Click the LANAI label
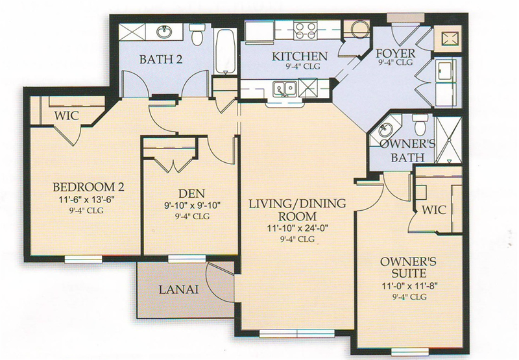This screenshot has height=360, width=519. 179,289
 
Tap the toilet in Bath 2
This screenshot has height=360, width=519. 197,34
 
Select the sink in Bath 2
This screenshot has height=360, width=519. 164,32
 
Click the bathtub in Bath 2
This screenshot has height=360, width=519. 226,51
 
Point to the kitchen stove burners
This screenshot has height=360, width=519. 305,30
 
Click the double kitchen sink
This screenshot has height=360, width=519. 285,89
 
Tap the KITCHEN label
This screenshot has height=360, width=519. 300,56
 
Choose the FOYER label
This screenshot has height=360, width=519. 395,53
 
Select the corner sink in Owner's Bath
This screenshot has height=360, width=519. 384,129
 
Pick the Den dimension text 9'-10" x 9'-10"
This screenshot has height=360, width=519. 192,205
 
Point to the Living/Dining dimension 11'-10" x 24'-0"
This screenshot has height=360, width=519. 297,228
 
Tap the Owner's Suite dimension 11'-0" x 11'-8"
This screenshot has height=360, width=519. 410,285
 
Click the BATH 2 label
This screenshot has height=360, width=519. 161,59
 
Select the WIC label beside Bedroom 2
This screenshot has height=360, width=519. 67,115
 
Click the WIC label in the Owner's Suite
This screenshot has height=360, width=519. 434,210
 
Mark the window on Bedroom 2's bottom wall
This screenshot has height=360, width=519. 83,259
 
